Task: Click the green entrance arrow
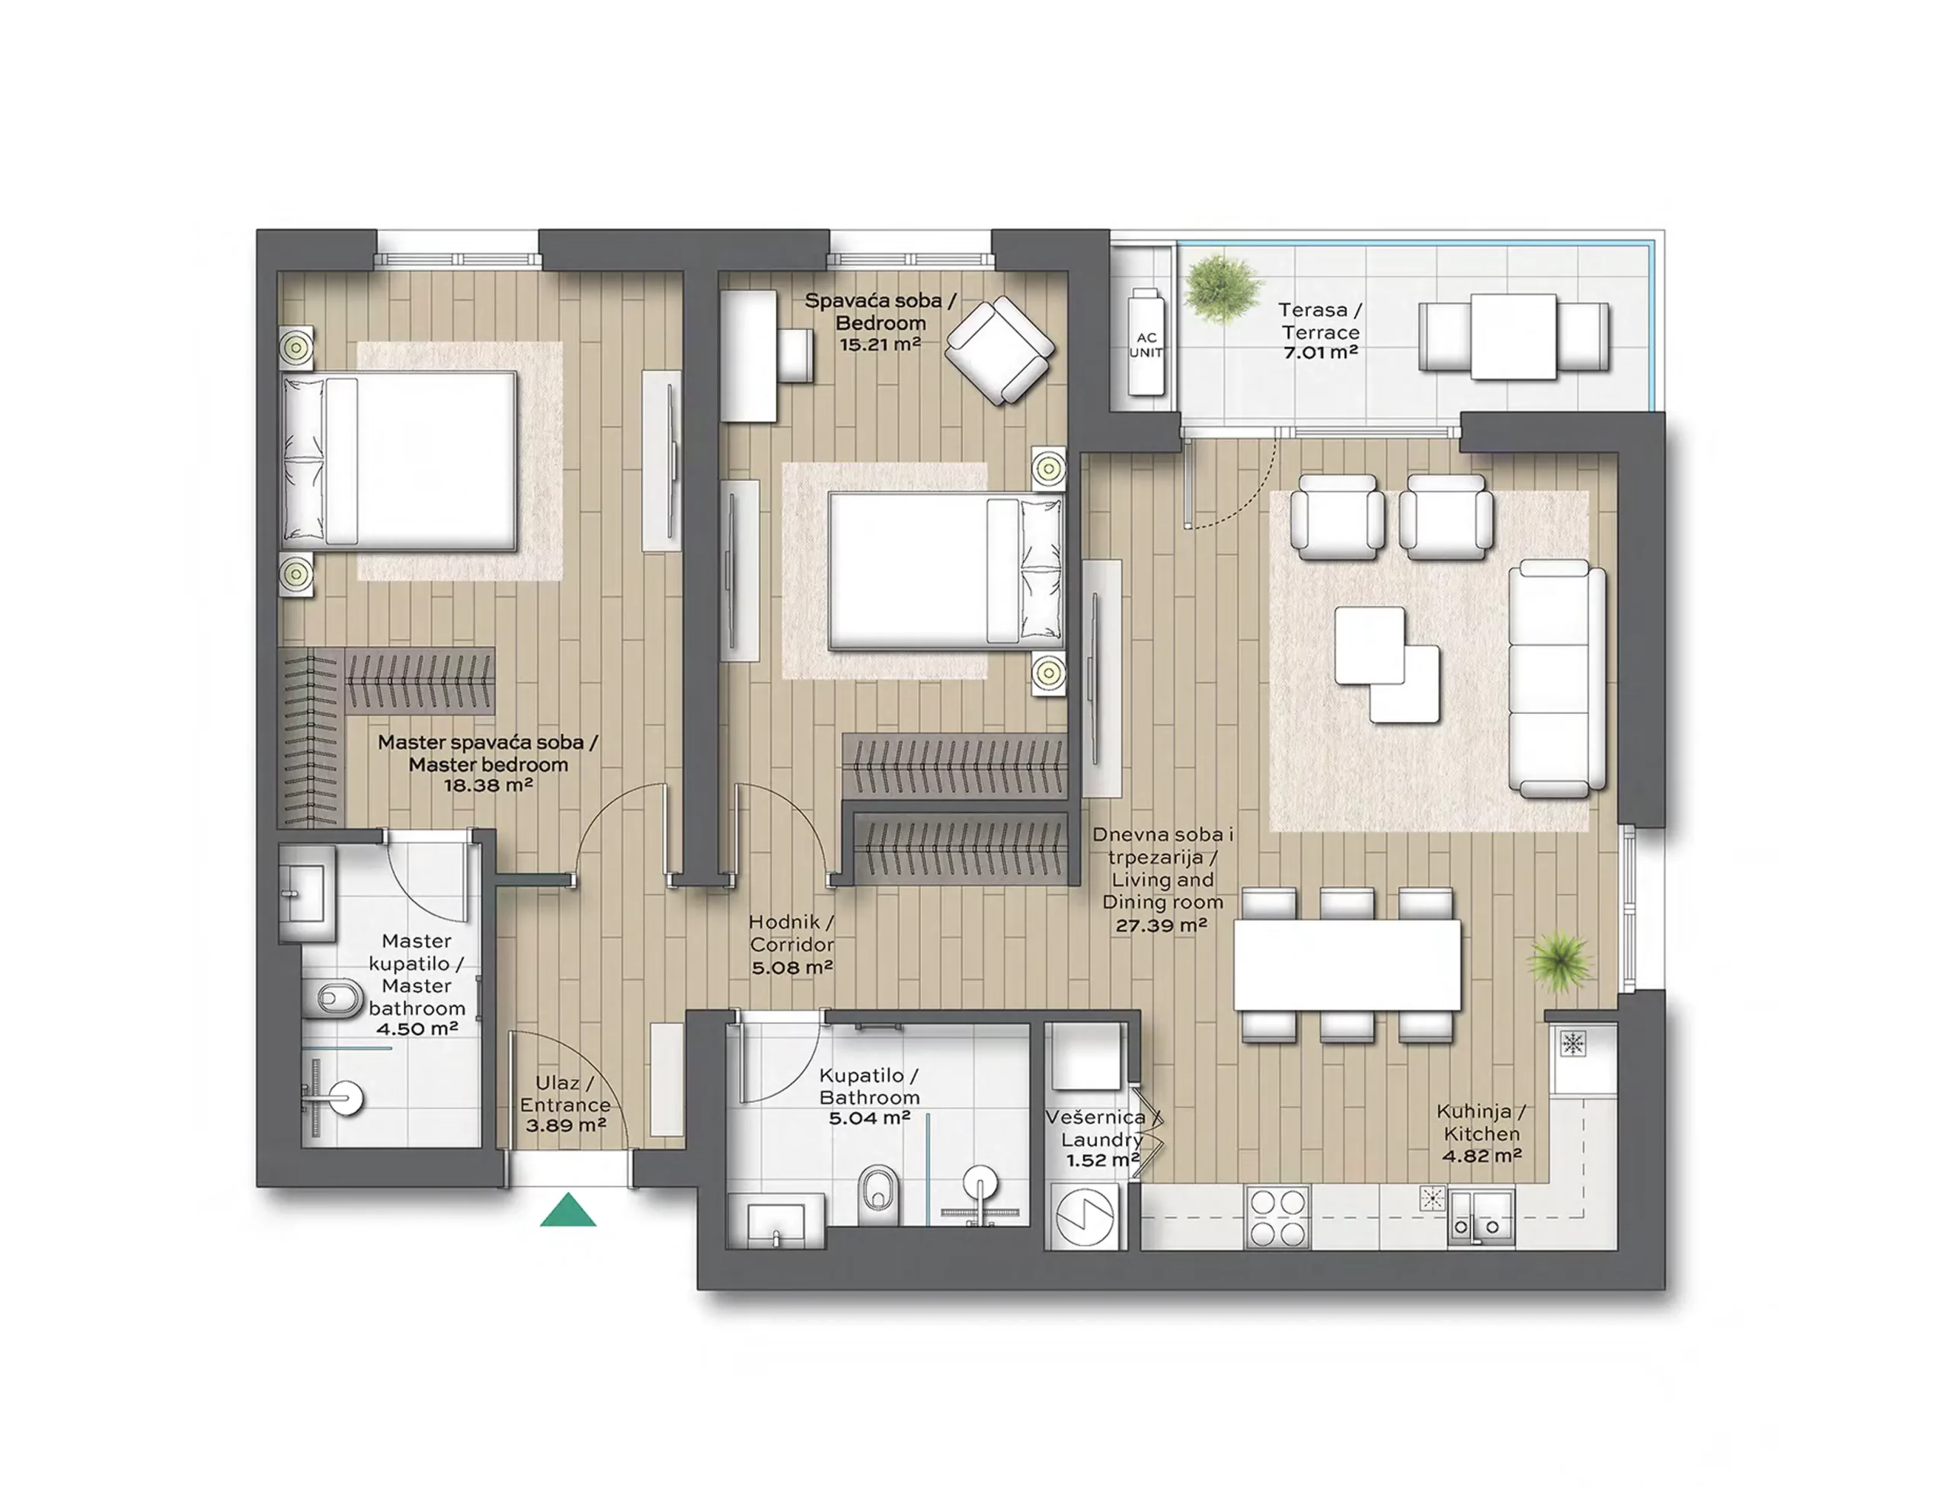click(x=567, y=1210)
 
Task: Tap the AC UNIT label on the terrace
click(x=1146, y=344)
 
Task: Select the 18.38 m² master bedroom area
click(x=487, y=785)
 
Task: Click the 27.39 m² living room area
click(x=1162, y=925)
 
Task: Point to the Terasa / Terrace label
click(x=1319, y=321)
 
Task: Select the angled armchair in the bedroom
click(x=1000, y=350)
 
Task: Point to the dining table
click(x=1347, y=964)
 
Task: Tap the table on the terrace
click(x=1514, y=337)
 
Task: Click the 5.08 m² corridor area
click(x=792, y=967)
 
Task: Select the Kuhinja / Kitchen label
click(x=1481, y=1122)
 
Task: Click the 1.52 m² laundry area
click(x=1102, y=1160)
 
